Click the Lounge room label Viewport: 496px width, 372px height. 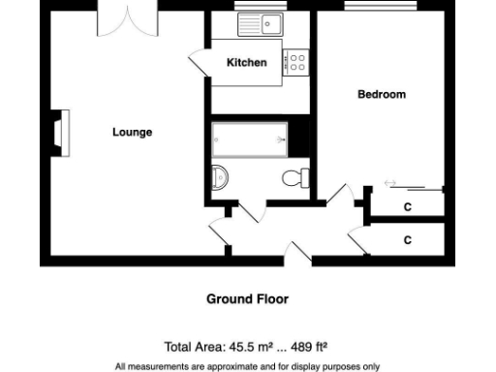[132, 132]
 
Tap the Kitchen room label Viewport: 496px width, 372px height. [246, 63]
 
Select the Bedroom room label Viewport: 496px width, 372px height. [382, 94]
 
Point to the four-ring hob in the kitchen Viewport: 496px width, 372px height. [295, 64]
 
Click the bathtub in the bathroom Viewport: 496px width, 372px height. [250, 140]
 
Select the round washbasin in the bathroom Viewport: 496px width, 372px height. [220, 176]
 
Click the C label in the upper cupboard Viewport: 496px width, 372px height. [408, 207]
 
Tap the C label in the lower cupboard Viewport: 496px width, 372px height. [408, 239]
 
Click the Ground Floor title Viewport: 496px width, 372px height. [247, 299]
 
